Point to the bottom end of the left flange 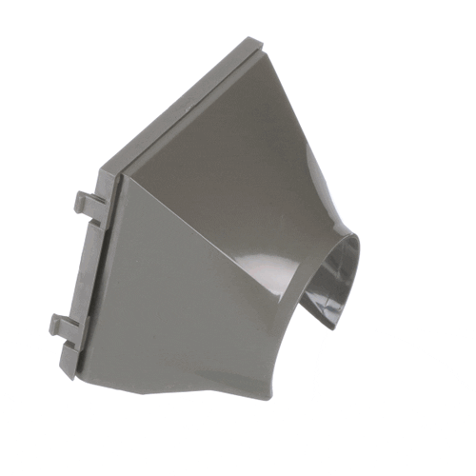[x=69, y=372]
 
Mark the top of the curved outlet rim [x=343, y=233]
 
